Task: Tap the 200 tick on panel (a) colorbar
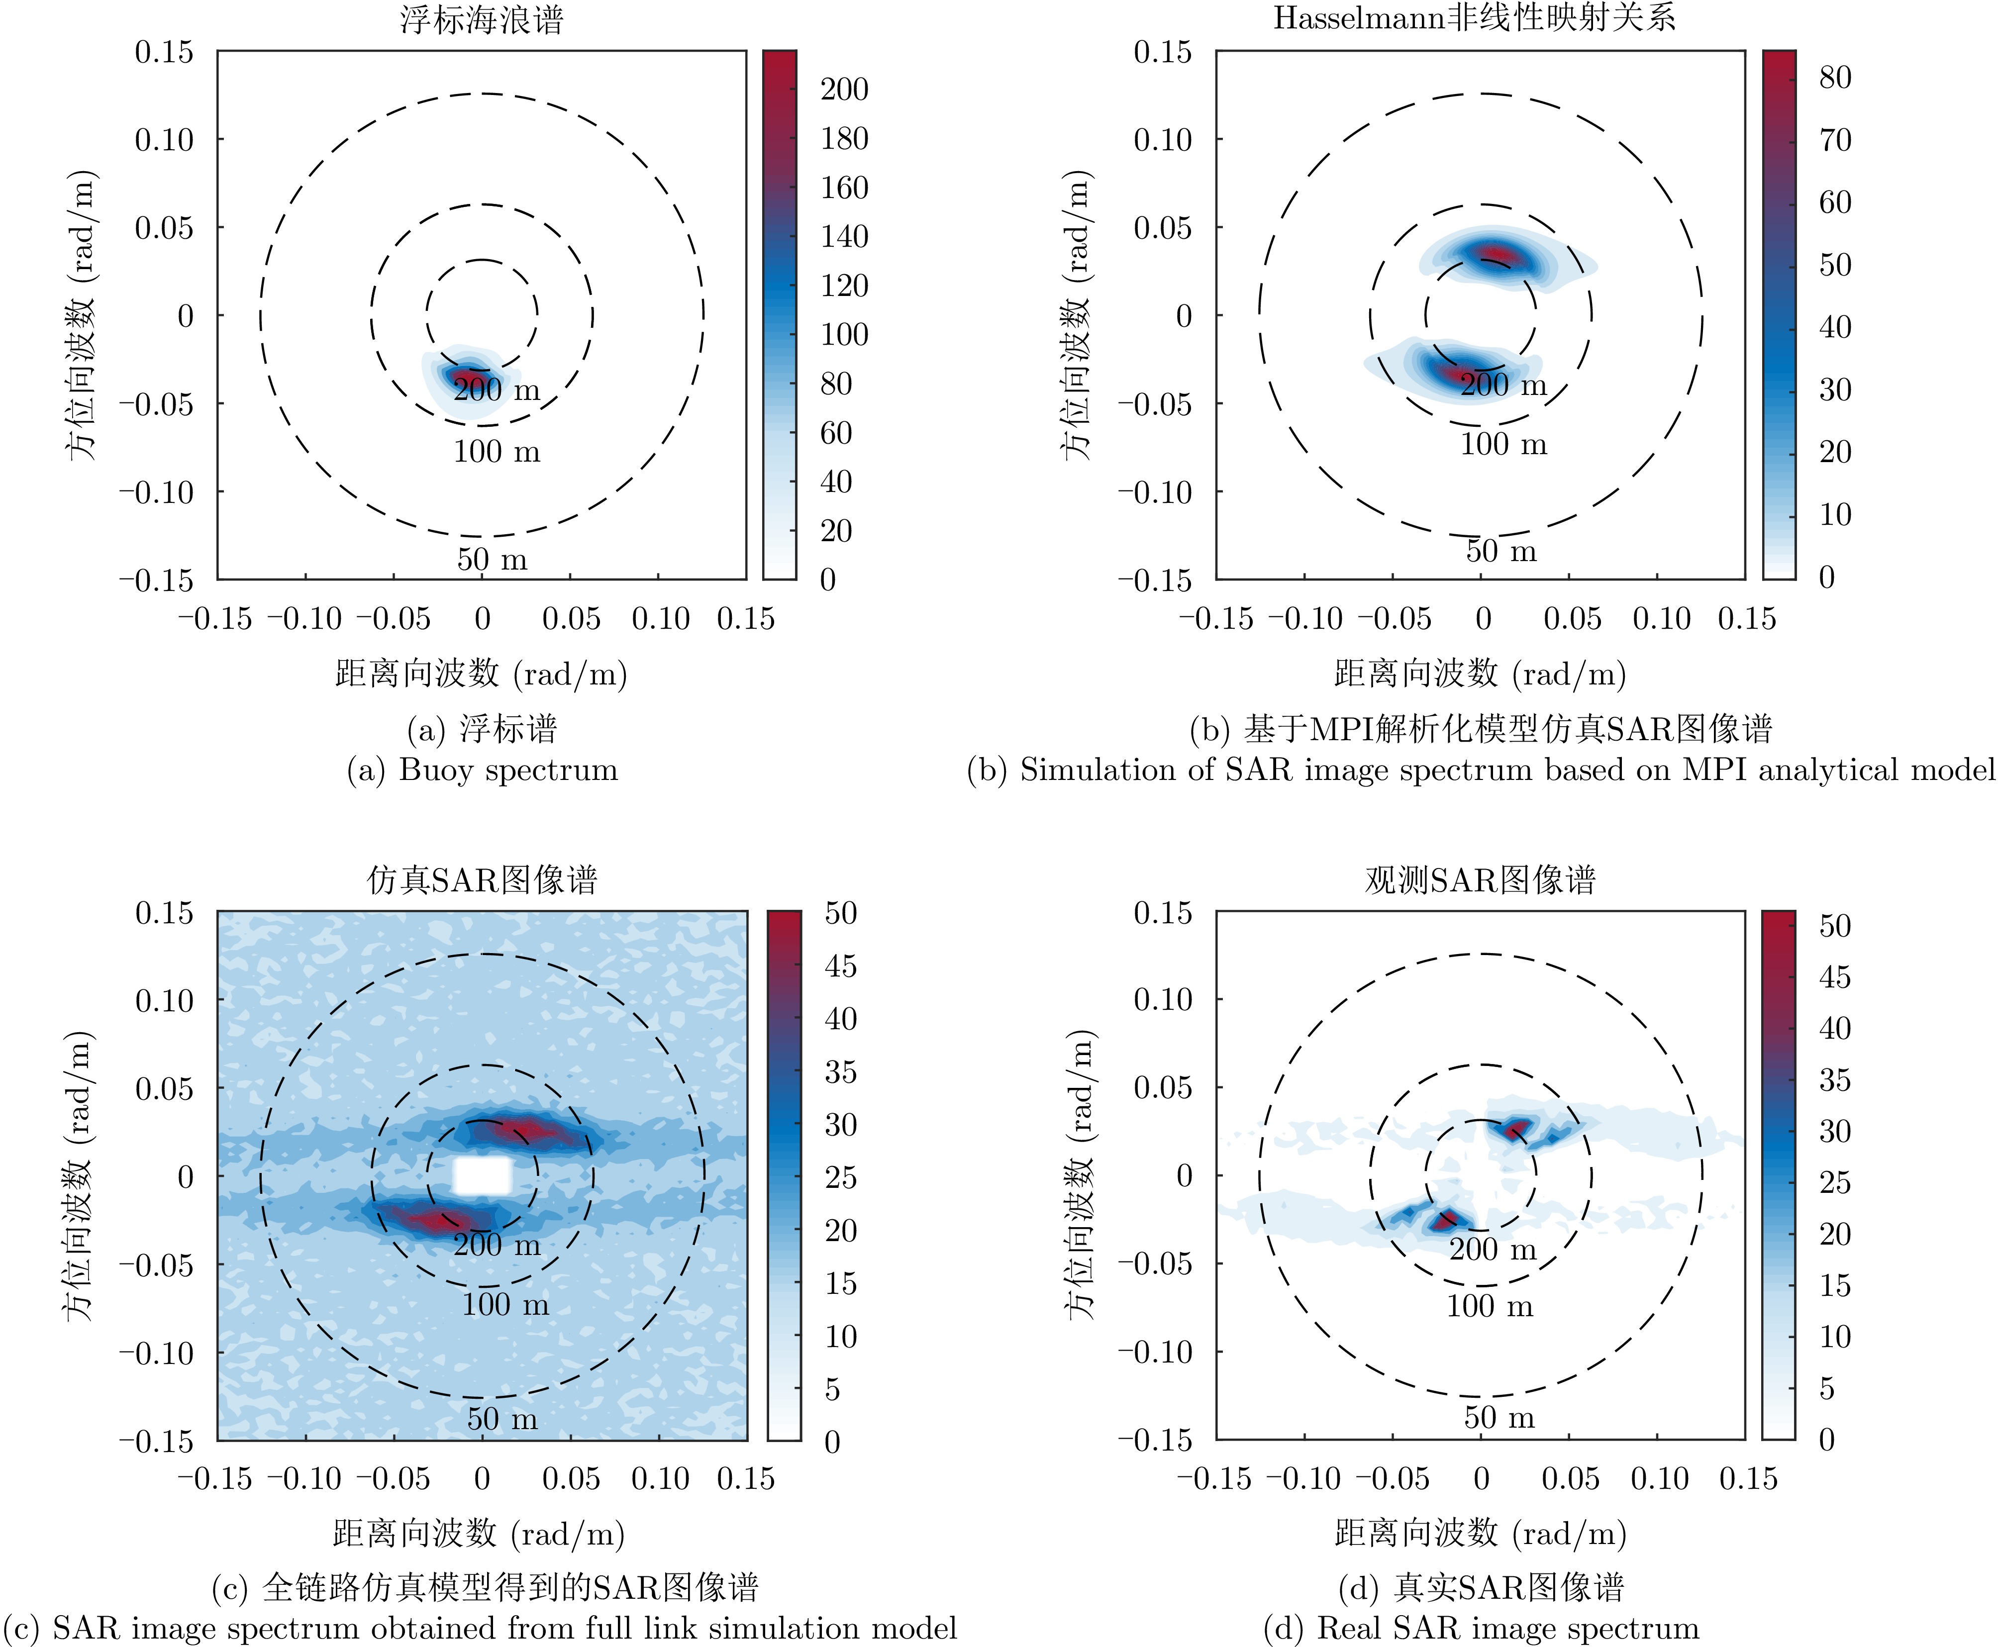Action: pos(843,89)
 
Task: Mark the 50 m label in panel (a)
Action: pos(492,559)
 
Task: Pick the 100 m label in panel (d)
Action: pos(1490,1305)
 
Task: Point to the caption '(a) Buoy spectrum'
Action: pos(482,770)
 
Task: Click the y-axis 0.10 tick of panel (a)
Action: pos(163,139)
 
